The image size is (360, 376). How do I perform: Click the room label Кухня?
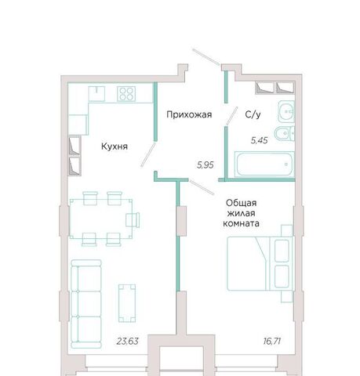115,146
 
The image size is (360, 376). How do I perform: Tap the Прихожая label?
189,114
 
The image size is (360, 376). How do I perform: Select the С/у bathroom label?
253,114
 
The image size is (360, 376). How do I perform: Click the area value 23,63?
127,341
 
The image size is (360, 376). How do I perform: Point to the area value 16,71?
272,341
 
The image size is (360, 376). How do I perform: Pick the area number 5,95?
205,164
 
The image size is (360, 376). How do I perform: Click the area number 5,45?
259,140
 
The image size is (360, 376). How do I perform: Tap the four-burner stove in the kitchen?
126,93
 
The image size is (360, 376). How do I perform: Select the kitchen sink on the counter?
96,93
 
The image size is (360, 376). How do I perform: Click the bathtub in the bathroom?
264,164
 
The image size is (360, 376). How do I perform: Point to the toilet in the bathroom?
284,134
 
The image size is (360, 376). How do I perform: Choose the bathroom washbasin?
286,111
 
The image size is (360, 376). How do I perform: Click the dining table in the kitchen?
101,219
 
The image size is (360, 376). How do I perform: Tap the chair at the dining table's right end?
133,219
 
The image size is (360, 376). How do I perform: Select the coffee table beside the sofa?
127,303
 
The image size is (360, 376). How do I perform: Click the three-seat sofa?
86,304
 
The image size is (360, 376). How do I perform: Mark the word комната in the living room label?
241,223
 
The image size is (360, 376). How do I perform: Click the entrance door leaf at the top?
205,56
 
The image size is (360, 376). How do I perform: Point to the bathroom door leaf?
232,115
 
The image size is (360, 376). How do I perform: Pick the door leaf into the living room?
202,187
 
